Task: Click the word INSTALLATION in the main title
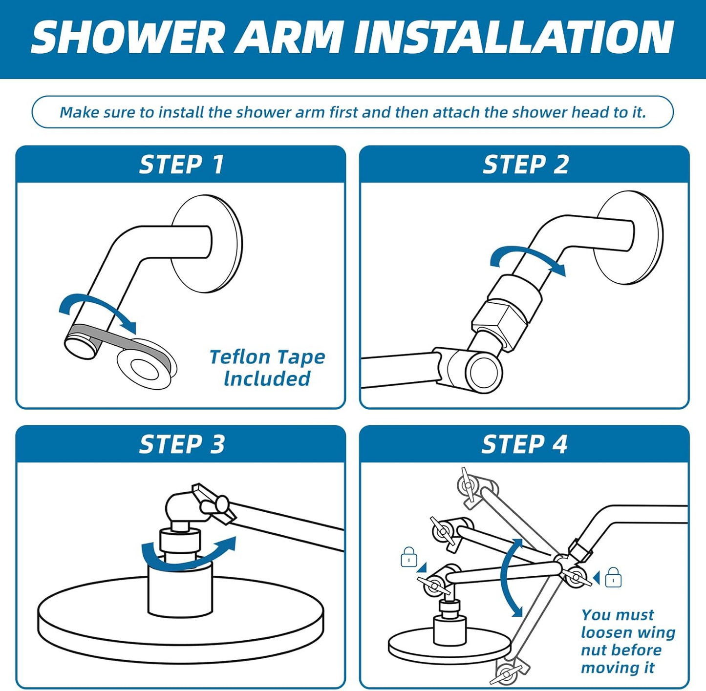pyautogui.click(x=514, y=38)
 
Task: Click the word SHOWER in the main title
pyautogui.click(x=128, y=38)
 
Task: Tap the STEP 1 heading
pyautogui.click(x=181, y=165)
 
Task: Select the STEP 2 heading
pyautogui.click(x=526, y=165)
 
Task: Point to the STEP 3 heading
pyautogui.click(x=182, y=444)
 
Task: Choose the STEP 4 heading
pyautogui.click(x=524, y=444)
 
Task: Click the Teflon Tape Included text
pyautogui.click(x=267, y=368)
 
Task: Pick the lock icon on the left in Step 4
pyautogui.click(x=408, y=557)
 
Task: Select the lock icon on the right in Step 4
pyautogui.click(x=613, y=578)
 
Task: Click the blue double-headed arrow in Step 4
pyautogui.click(x=511, y=579)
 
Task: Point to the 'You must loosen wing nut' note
pyautogui.click(x=627, y=641)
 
